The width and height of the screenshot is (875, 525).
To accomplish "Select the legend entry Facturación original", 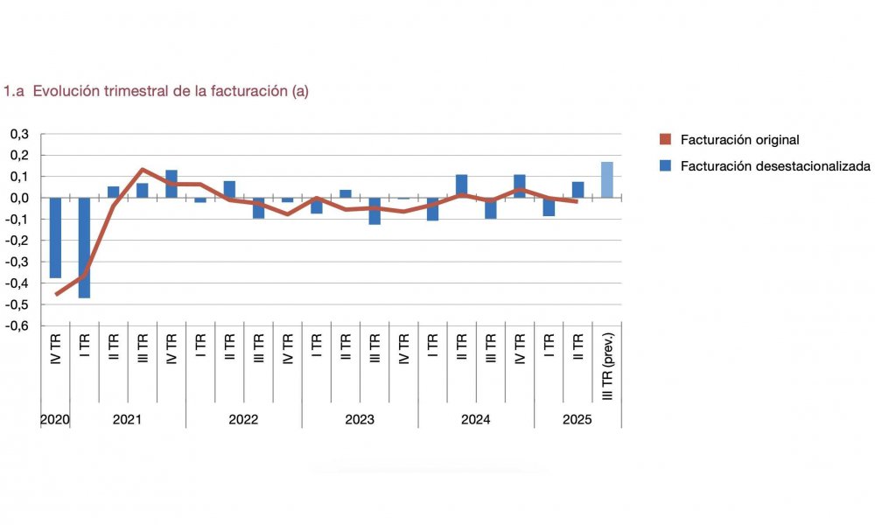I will tap(728, 140).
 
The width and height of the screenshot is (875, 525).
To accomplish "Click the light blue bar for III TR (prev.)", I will tap(606, 179).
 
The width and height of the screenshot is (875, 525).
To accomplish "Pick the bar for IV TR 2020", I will tap(55, 237).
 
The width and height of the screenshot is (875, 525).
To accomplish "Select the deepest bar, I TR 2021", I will tap(84, 248).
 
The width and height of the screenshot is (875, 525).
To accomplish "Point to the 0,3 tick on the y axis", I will tap(19, 134).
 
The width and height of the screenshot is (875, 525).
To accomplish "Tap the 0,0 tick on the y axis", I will tap(19, 198).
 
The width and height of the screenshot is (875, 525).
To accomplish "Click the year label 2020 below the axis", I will tap(54, 419).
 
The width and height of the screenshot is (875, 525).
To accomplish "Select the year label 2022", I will tap(243, 419).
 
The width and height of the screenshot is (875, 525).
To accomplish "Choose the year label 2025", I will tap(577, 419).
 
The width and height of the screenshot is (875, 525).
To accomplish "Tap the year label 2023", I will tap(360, 419).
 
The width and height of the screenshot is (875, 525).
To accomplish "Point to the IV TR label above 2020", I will tap(56, 348).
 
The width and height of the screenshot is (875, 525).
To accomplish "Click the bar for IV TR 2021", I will tap(171, 184).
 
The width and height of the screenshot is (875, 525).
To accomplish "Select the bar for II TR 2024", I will tap(461, 186).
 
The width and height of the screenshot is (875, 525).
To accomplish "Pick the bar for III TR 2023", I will tap(374, 211).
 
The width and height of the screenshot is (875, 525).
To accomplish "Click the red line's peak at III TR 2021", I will tap(142, 170).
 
